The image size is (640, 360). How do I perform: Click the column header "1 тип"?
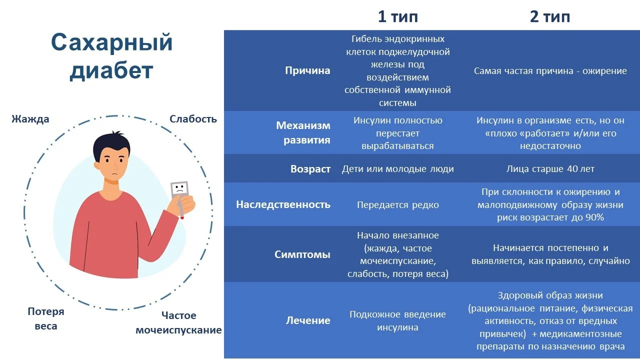(x=397, y=16)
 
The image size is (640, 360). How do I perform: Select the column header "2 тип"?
(x=550, y=16)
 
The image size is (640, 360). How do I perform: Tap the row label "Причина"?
(x=307, y=70)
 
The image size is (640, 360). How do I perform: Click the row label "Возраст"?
(x=310, y=169)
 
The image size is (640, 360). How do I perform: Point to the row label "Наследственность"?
(x=283, y=204)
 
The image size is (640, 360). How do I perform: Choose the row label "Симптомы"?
(x=302, y=254)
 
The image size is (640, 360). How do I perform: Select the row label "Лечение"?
(x=308, y=320)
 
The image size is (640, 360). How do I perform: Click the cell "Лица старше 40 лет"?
(x=550, y=169)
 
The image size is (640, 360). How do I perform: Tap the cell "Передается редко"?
(x=397, y=205)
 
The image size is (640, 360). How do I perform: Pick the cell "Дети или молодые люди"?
(x=397, y=169)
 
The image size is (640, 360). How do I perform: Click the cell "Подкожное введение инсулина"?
(x=397, y=321)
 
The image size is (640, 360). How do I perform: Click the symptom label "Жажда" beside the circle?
(x=30, y=119)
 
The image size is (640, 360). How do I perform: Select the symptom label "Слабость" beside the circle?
(x=193, y=119)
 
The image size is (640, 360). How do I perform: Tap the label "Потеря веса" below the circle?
(x=46, y=318)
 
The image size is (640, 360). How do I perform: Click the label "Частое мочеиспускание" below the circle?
(x=178, y=323)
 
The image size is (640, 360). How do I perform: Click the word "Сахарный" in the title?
(x=111, y=43)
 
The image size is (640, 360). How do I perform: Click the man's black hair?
(x=111, y=143)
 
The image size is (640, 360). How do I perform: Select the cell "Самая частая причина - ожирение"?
(x=550, y=71)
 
